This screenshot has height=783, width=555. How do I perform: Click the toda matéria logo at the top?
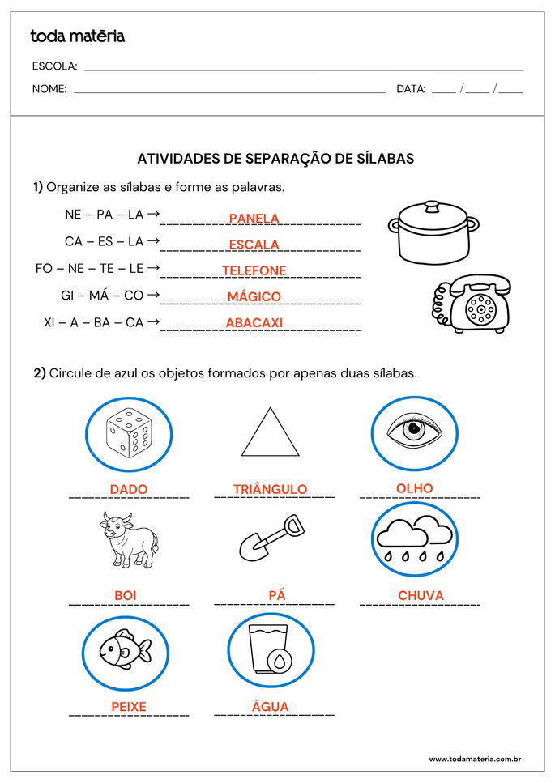(x=78, y=36)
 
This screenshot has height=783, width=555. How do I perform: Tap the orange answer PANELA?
(x=254, y=218)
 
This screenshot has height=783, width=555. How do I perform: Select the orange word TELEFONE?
(x=254, y=270)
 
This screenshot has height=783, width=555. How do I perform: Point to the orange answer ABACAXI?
(x=254, y=322)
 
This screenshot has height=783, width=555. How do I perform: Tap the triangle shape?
(x=270, y=433)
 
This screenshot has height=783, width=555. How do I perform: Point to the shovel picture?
(x=272, y=538)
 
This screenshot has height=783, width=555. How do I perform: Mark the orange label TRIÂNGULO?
(x=270, y=489)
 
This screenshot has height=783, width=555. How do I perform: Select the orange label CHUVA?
(x=421, y=596)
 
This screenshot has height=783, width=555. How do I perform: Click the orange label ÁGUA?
(x=270, y=706)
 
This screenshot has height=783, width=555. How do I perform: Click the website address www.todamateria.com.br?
(x=474, y=759)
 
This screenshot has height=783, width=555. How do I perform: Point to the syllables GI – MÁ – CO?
(x=102, y=296)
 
